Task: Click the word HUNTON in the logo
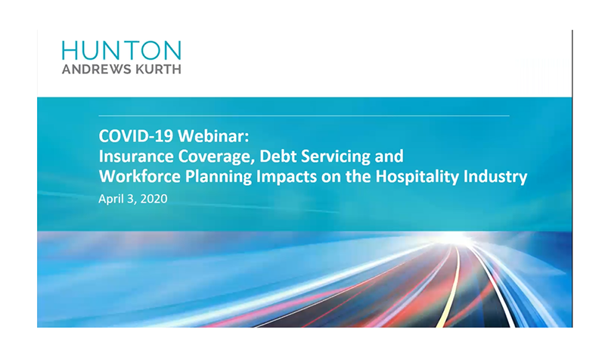121,51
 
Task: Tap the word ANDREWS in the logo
91,70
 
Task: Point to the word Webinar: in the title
213,136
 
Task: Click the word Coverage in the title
216,157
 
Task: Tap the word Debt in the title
278,157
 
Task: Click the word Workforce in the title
140,176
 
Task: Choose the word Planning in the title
219,177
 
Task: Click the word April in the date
109,199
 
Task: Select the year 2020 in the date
154,199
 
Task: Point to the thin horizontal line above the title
304,116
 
